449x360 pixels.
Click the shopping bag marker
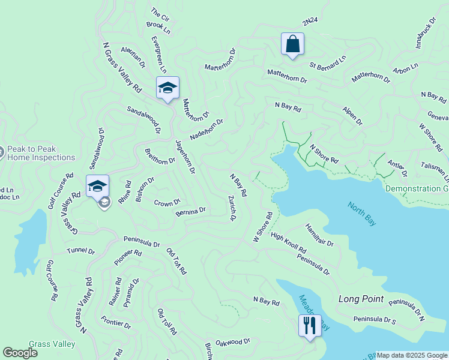click(292, 44)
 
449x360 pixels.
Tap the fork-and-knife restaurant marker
click(309, 326)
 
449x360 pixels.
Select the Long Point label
click(360, 299)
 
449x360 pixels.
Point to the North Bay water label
click(362, 214)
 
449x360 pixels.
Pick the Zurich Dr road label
click(231, 208)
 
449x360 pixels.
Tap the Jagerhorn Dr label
click(185, 157)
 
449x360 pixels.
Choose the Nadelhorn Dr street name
click(206, 129)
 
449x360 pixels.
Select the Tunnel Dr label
click(81, 251)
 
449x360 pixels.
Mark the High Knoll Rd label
click(288, 242)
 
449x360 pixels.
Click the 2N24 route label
click(309, 22)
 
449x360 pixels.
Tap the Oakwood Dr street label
click(232, 341)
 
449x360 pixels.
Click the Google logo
click(20, 353)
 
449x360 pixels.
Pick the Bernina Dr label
click(191, 212)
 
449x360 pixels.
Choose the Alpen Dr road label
click(352, 116)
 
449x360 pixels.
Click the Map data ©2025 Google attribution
click(412, 355)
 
